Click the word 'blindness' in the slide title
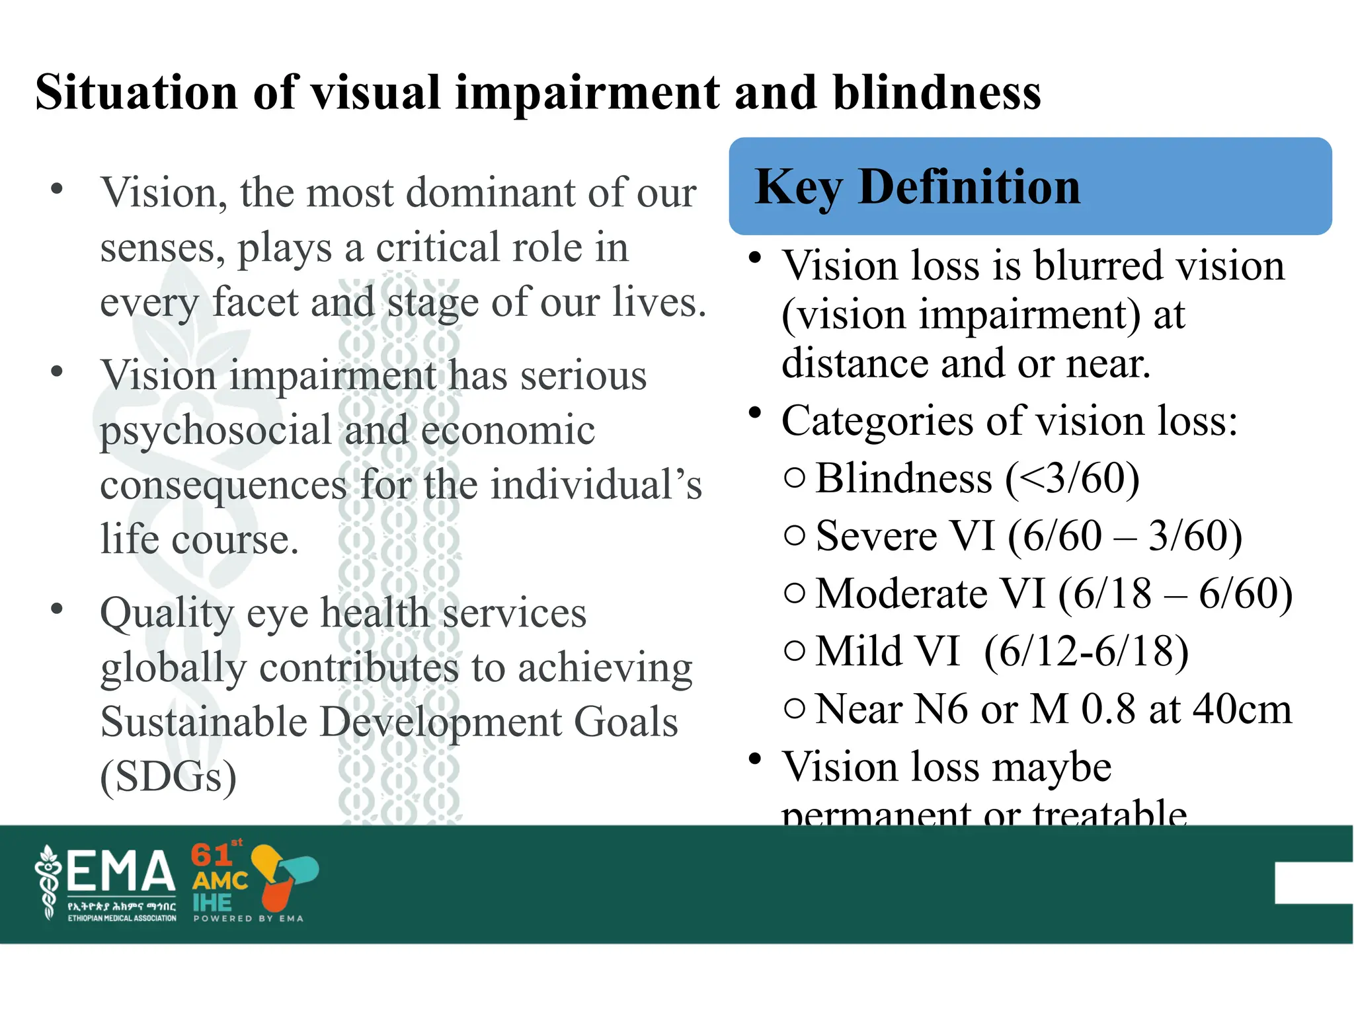936,93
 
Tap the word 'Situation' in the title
136,93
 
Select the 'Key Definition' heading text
918,188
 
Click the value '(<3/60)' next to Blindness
1072,478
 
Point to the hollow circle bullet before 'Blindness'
795,478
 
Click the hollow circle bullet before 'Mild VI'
795,652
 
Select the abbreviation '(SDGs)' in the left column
169,777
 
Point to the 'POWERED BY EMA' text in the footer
248,919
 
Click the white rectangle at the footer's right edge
1313,883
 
